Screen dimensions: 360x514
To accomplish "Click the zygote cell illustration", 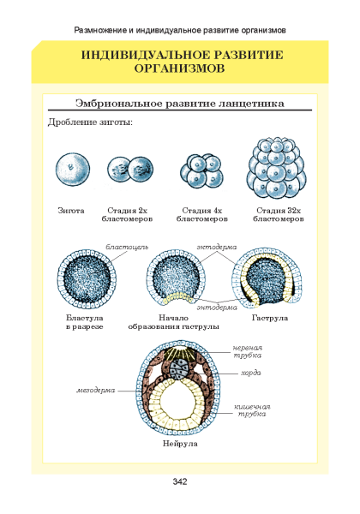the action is point(73,170).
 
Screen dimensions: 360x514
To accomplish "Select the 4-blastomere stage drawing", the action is point(201,170).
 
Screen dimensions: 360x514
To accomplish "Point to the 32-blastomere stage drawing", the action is point(276,168).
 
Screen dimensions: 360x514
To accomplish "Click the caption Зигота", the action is point(71,211).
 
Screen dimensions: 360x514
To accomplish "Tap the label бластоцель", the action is point(127,247).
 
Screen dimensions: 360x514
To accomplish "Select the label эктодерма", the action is point(216,247).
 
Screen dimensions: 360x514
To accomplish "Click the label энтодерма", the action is point(217,308).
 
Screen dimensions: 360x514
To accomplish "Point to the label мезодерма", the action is point(96,391).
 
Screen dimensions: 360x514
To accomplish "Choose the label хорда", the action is point(251,373).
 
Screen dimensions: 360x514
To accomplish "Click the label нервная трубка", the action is point(248,351).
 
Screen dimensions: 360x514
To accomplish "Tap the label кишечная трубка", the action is point(252,410).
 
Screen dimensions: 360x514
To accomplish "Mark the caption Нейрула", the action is point(180,444).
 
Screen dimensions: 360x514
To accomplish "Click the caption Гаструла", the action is point(270,318).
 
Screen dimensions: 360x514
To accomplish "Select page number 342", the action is point(180,481).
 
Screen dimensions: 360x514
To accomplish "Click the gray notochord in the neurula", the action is point(179,369).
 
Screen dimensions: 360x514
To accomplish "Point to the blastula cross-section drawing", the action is point(87,279).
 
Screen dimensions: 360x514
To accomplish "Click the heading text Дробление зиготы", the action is point(90,123).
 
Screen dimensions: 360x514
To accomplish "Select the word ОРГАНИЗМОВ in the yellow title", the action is point(179,69).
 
